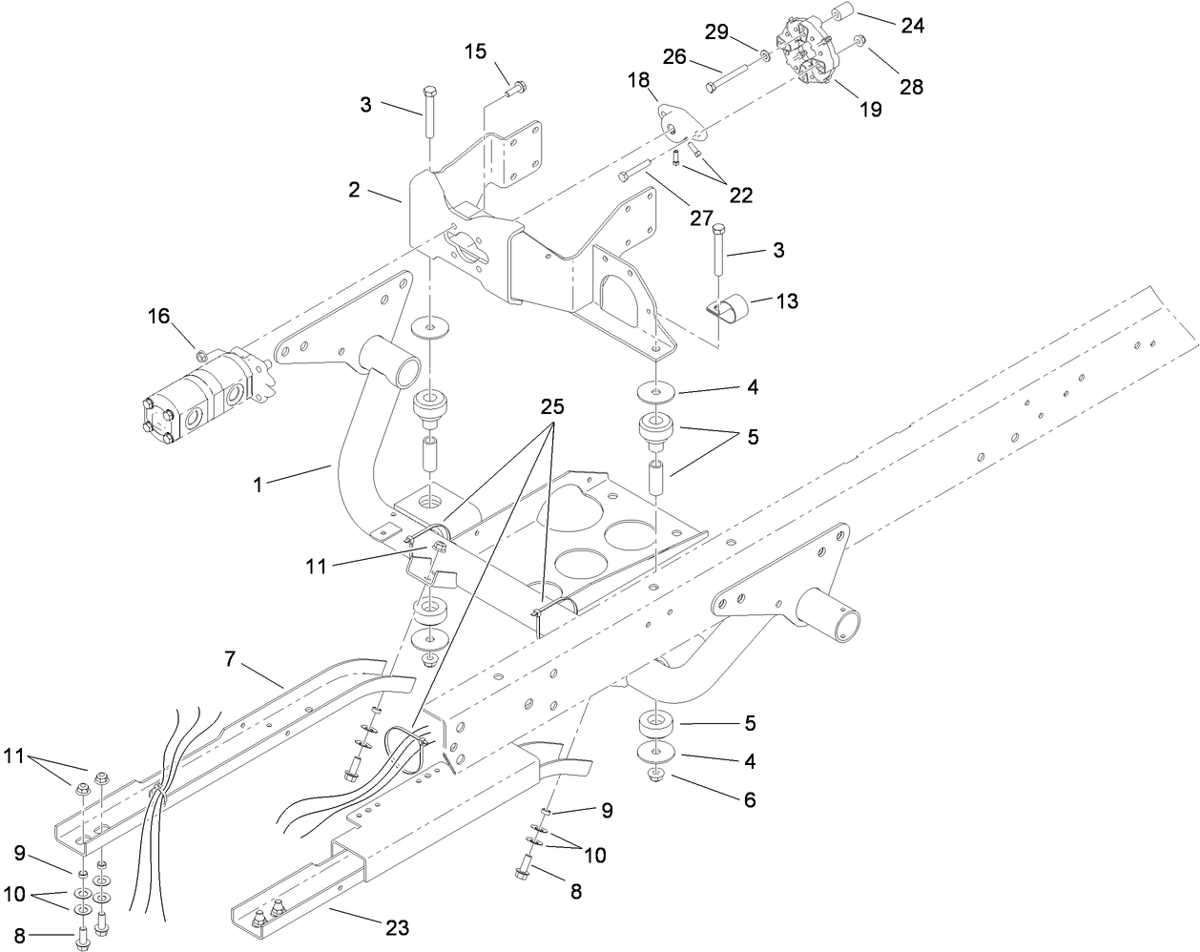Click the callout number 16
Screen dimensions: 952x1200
[x=158, y=316]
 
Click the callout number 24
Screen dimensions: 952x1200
[x=912, y=26]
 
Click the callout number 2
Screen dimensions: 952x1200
[x=354, y=189]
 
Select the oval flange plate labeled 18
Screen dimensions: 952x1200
[x=676, y=123]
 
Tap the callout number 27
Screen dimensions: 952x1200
[x=701, y=218]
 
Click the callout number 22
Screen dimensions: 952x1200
[x=740, y=195]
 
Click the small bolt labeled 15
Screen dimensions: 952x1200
[x=515, y=88]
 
